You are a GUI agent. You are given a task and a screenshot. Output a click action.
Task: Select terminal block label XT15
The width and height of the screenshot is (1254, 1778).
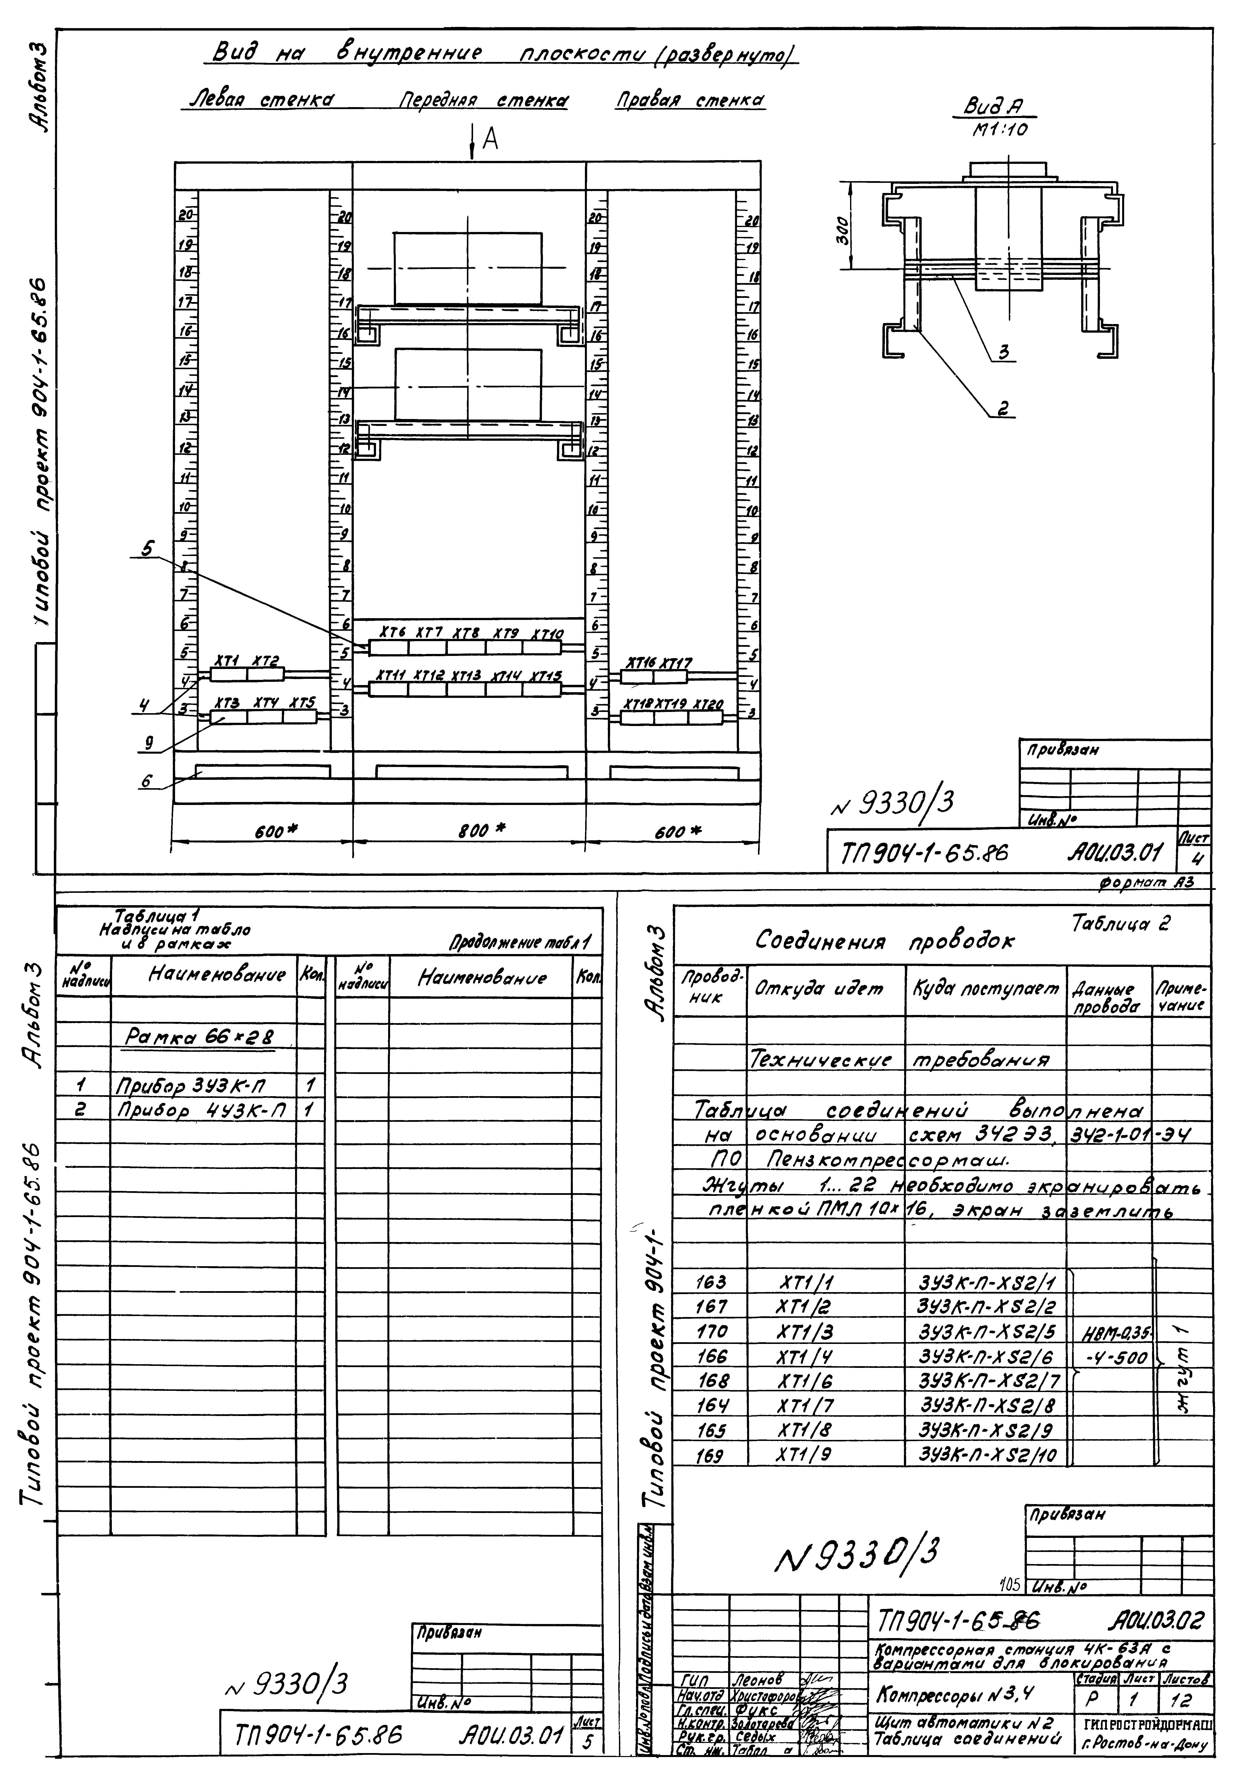(x=545, y=676)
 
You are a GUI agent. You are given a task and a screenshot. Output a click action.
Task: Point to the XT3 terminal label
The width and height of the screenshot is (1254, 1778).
(x=226, y=703)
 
